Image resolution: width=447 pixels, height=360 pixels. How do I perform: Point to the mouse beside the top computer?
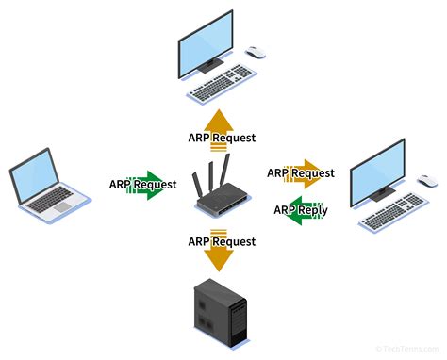[256, 52]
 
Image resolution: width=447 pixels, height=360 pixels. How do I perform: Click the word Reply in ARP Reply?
[310, 209]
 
